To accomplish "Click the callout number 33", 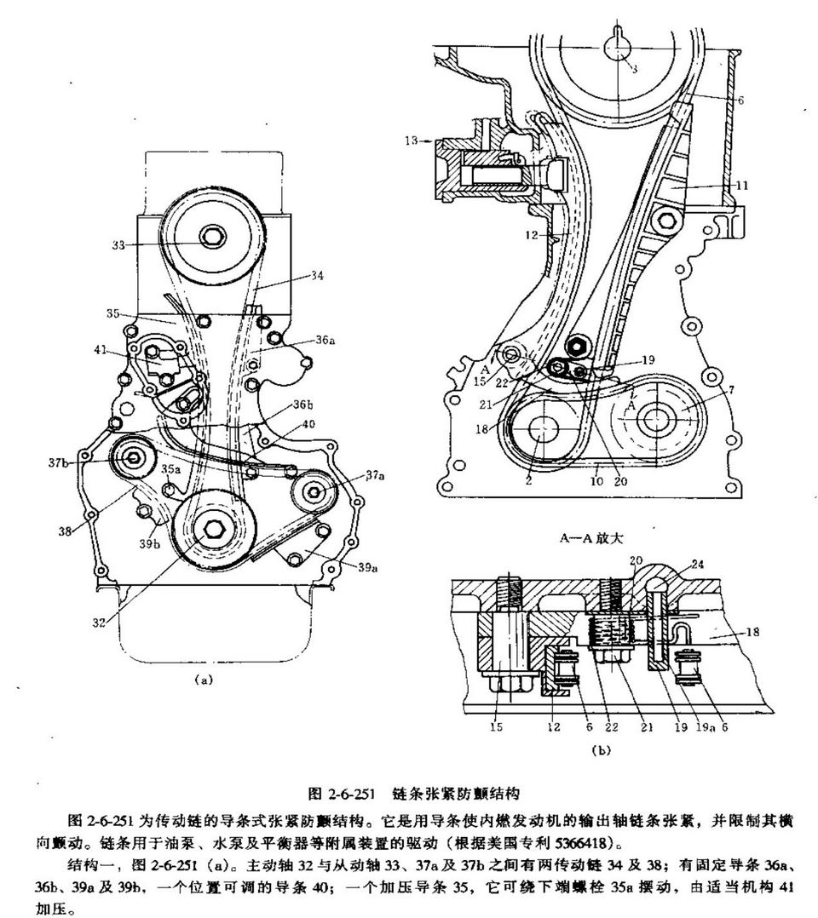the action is pyautogui.click(x=118, y=245).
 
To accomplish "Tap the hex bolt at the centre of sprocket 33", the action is pyautogui.click(x=210, y=237).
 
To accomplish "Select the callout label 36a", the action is pyautogui.click(x=325, y=340).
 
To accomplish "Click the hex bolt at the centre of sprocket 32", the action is pyautogui.click(x=211, y=530).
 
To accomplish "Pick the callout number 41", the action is pyautogui.click(x=101, y=350).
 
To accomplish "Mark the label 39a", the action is pyautogui.click(x=367, y=567).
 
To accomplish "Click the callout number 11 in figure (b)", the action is pyautogui.click(x=742, y=186).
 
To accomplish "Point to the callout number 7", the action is pyautogui.click(x=731, y=389).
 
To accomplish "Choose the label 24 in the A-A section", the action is pyautogui.click(x=697, y=565).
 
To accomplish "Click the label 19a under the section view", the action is pyautogui.click(x=703, y=726).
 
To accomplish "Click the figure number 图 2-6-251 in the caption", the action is pyautogui.click(x=341, y=794).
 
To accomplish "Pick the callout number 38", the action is pyautogui.click(x=65, y=531).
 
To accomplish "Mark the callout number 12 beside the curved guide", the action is pyautogui.click(x=532, y=235).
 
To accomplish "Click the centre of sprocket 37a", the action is pyautogui.click(x=315, y=492).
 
